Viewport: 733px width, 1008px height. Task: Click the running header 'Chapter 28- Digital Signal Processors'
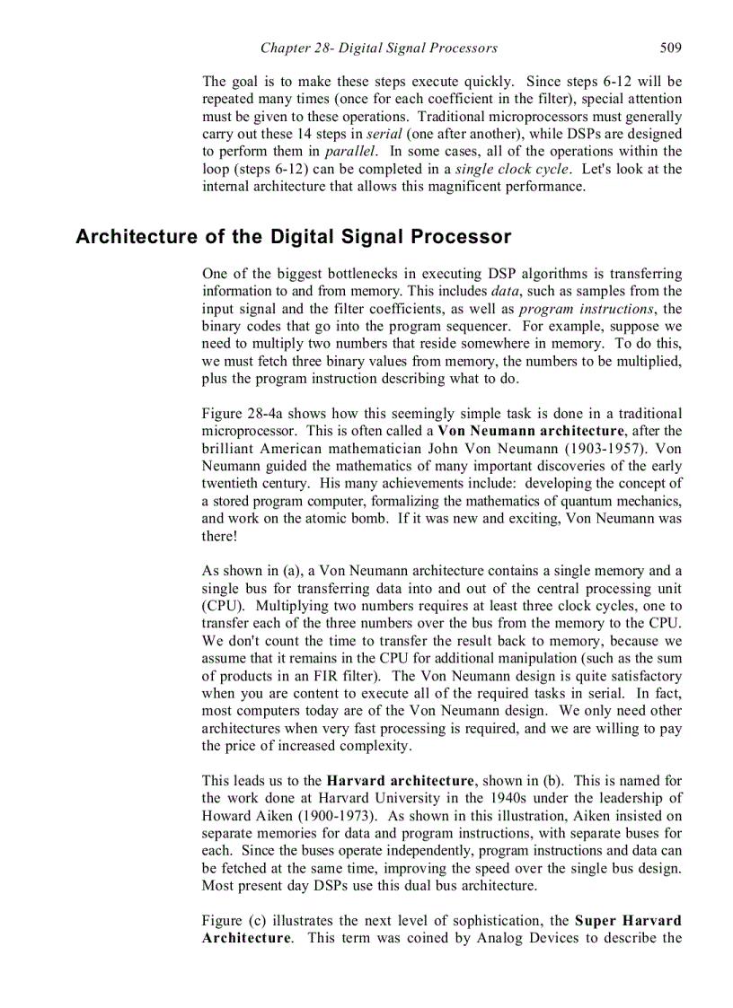tap(378, 48)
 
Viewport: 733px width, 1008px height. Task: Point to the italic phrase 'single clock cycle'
tap(506, 169)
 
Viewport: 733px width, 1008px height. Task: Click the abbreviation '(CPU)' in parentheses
tap(220, 606)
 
